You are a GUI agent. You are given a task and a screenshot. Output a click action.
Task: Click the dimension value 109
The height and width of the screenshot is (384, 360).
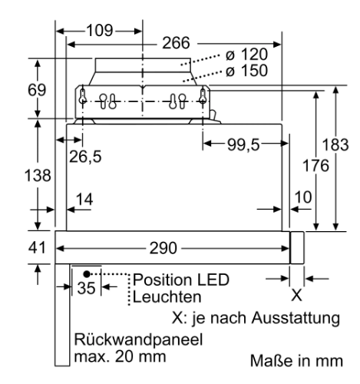(100, 31)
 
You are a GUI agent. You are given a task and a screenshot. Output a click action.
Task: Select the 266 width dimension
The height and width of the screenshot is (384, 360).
(177, 43)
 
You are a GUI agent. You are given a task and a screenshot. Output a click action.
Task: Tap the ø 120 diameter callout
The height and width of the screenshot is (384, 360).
(246, 55)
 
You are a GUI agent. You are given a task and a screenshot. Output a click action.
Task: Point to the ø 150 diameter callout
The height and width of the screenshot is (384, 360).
(246, 71)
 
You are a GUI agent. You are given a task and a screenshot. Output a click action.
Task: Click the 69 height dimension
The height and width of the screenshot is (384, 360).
(37, 90)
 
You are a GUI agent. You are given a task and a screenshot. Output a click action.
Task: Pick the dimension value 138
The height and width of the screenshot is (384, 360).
(38, 176)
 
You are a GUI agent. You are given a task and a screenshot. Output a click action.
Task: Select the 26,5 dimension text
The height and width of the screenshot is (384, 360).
(85, 157)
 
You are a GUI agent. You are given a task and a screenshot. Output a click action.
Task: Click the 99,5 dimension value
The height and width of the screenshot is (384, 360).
(243, 144)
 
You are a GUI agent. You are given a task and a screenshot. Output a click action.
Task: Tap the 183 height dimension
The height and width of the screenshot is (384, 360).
(335, 144)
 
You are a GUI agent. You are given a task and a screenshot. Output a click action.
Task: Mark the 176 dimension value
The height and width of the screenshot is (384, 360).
(315, 165)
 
